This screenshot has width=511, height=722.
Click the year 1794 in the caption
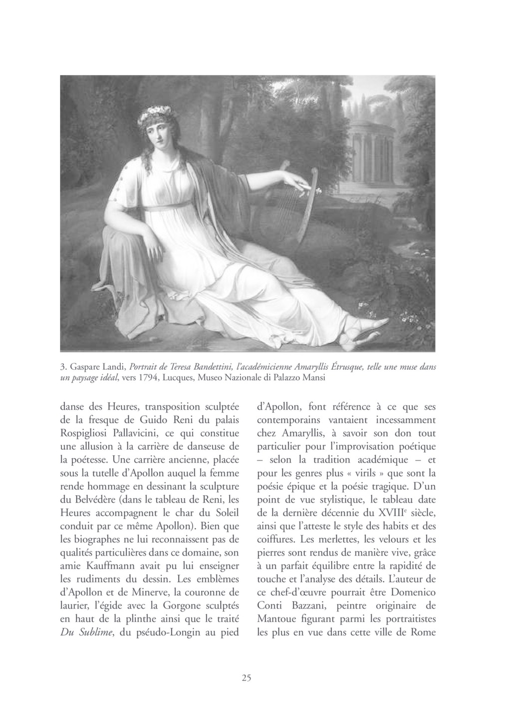147,378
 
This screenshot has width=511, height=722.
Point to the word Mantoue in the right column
278,619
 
